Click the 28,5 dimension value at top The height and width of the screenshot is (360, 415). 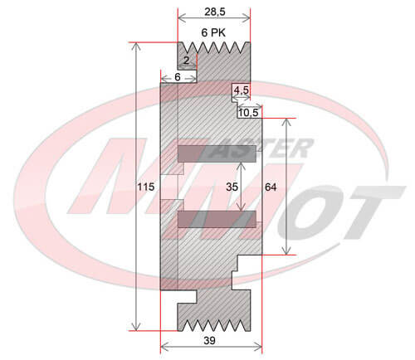pos(215,12)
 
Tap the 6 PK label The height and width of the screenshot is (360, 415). pos(213,32)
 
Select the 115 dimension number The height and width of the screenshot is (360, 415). pos(146,187)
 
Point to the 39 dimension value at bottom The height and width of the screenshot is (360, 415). pos(209,341)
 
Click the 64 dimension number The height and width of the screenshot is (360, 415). pos(271,187)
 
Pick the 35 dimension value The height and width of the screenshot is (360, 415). pos(232,187)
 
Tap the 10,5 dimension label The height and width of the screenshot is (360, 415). pos(248,113)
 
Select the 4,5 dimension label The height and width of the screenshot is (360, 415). pos(242,90)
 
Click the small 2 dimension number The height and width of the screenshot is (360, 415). pos(187,60)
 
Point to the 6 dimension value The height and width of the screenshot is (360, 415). pos(178,77)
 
